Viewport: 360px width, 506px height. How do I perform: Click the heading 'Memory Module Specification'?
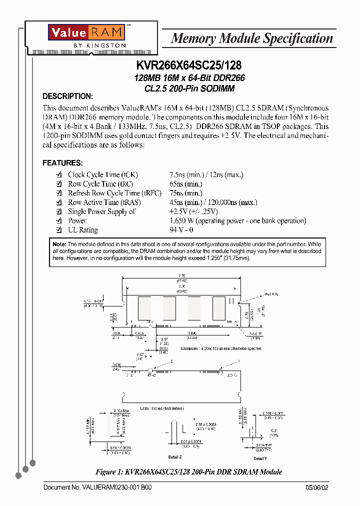pyautogui.click(x=251, y=38)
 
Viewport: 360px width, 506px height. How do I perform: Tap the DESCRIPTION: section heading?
pyautogui.click(x=67, y=96)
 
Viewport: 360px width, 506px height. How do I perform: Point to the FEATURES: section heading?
pyautogui.click(x=62, y=163)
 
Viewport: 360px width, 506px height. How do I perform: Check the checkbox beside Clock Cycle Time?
pyautogui.click(x=58, y=175)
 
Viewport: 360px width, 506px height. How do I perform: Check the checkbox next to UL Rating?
pyautogui.click(x=58, y=230)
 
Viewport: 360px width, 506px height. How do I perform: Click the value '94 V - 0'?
pyautogui.click(x=181, y=230)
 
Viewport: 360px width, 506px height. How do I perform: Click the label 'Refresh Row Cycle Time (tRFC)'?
pyautogui.click(x=114, y=193)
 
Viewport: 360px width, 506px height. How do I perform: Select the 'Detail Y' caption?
pyautogui.click(x=260, y=458)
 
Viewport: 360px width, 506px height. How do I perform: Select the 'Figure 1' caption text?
pyautogui.click(x=189, y=472)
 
